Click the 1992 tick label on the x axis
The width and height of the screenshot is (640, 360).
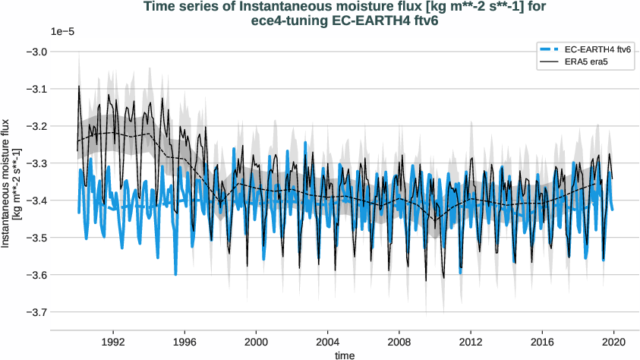113,342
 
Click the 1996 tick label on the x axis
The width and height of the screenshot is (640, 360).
184,342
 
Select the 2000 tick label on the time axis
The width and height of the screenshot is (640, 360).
256,342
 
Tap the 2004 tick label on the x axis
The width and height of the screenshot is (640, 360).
328,342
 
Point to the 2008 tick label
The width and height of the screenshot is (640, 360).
399,342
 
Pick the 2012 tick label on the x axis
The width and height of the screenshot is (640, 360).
471,342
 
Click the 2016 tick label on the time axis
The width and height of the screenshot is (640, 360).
542,342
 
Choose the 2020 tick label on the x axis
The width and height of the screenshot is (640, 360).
613,342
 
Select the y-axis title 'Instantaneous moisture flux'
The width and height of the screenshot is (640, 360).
7,182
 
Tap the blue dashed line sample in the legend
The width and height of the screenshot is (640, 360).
550,49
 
